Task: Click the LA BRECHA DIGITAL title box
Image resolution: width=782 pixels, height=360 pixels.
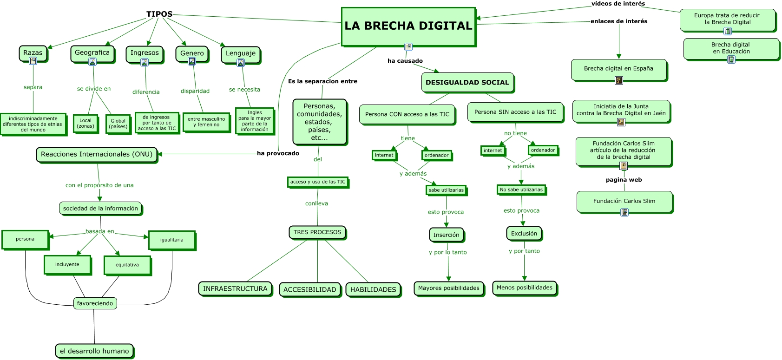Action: coord(408,26)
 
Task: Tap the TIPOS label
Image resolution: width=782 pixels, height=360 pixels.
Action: coord(159,14)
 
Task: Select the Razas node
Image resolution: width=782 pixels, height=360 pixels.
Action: coord(33,52)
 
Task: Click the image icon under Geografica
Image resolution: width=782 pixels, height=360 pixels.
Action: coord(92,62)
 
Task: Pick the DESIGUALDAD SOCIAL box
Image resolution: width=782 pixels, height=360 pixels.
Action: coord(467,82)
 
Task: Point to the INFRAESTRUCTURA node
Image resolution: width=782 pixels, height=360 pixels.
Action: coord(235,288)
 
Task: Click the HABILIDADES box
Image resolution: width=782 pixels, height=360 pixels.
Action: coord(373,289)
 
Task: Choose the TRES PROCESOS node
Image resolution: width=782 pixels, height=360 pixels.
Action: coord(317,232)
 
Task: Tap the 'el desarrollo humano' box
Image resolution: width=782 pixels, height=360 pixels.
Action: coord(94,351)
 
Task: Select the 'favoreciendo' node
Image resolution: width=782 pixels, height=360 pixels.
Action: coord(95,303)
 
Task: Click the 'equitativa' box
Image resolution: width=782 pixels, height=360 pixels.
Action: coord(127,265)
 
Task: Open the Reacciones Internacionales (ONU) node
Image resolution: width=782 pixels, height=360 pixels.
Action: coord(97,154)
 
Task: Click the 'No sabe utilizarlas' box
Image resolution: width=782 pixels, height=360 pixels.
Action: coord(521,190)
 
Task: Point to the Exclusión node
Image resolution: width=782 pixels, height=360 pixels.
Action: coord(524,234)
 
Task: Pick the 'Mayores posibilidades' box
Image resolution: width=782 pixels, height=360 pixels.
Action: coord(449,288)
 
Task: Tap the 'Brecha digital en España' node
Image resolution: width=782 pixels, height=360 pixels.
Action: coord(618,69)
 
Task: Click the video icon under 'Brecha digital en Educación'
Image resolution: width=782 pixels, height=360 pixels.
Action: coord(731,59)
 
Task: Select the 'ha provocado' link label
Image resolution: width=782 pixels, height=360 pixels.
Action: coord(278,153)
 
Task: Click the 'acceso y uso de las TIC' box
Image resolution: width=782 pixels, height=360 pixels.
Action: coord(318,182)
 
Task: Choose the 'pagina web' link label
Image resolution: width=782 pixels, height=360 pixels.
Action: coord(624,180)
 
